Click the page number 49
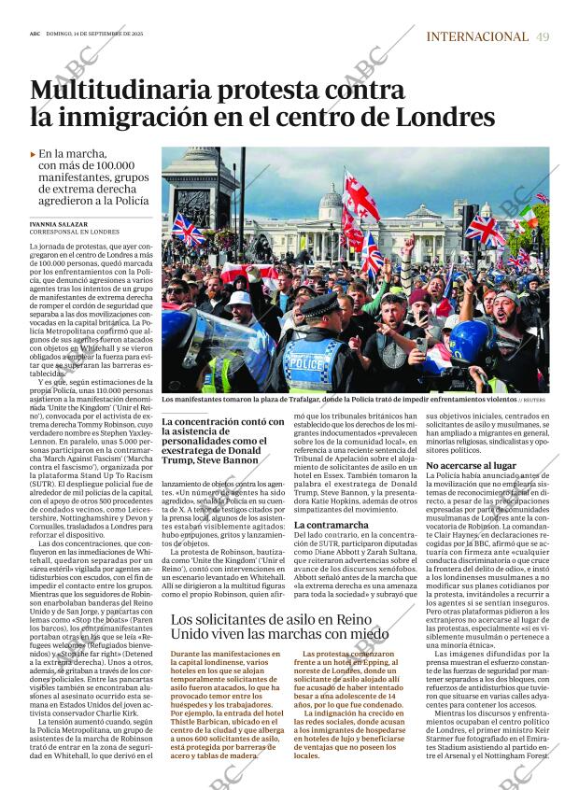(543, 36)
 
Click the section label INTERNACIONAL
(476, 36)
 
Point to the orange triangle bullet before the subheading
(34, 154)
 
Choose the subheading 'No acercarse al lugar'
(471, 464)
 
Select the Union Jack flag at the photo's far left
(186, 229)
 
